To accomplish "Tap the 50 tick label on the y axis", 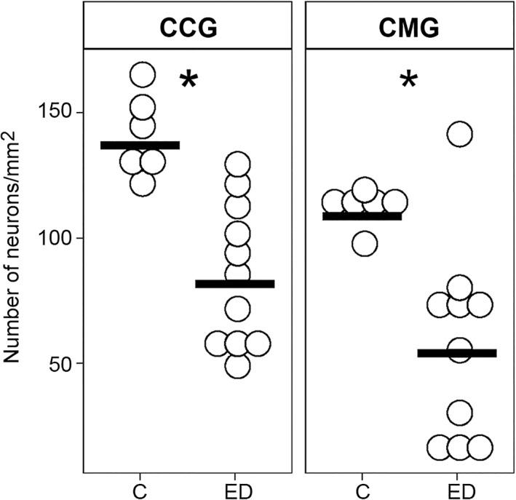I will tap(60, 363).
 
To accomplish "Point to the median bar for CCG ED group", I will tap(235, 284).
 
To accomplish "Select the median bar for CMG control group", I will tap(362, 216).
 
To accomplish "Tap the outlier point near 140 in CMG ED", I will tap(459, 134).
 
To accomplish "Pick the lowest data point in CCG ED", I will tap(237, 367).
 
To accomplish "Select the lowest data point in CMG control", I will tap(365, 244).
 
